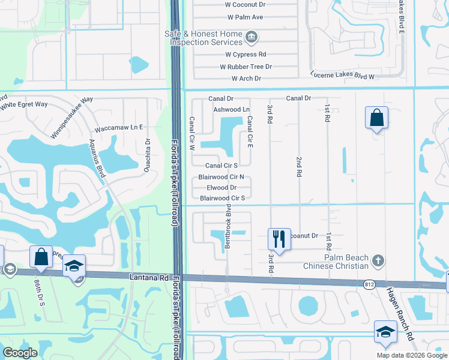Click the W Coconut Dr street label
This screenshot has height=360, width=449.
pos(245,5)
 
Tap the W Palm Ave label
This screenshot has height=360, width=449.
pos(246,17)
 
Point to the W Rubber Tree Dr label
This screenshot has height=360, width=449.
pos(246,67)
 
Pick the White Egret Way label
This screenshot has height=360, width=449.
pos(23,104)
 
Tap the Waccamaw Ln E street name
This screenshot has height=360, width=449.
pos(119,128)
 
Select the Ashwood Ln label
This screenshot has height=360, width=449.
pos(232,110)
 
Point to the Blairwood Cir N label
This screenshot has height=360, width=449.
pos(221,177)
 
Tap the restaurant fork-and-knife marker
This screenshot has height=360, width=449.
pos(279,238)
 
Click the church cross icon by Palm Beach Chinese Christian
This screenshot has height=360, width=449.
pos(378,260)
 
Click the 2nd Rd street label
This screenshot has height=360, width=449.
pos(298,166)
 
